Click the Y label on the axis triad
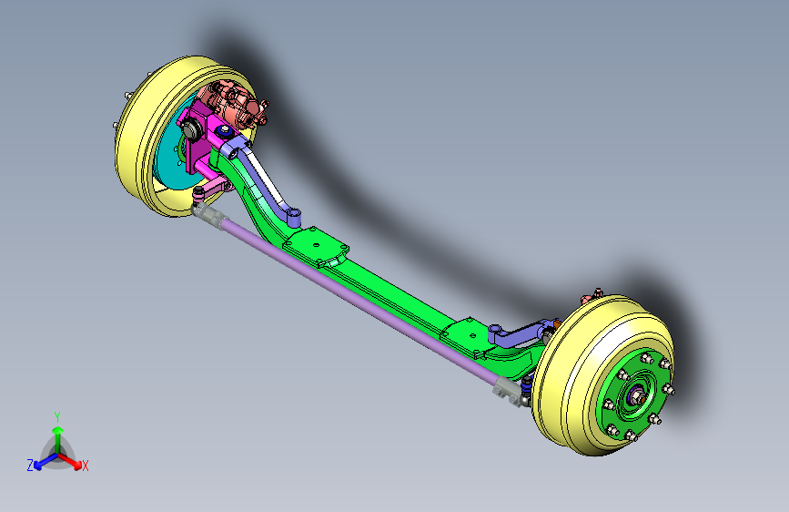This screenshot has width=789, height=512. pos(57,417)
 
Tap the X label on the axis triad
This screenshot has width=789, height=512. pos(85,466)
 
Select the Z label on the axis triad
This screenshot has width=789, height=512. pos(30,466)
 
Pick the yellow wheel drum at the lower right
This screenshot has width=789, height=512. pos(579,383)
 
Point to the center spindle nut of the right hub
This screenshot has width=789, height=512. pos(638,396)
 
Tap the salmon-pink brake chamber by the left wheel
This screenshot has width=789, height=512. pos(235,105)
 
